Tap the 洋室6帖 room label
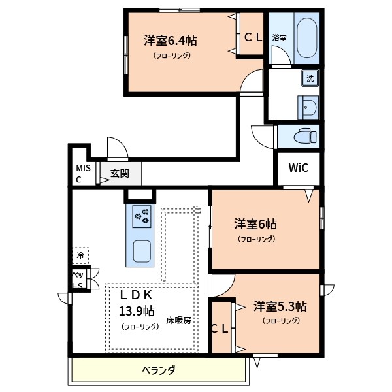[256, 224]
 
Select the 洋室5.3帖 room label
[280, 306]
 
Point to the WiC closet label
[299, 167]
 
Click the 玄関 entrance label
[120, 173]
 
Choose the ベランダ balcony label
[159, 370]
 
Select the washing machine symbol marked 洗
[310, 78]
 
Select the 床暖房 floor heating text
[178, 321]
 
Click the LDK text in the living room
[135, 294]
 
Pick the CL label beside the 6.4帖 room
[253, 38]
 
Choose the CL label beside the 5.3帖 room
[220, 329]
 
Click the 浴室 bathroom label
[280, 37]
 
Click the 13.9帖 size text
[136, 310]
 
